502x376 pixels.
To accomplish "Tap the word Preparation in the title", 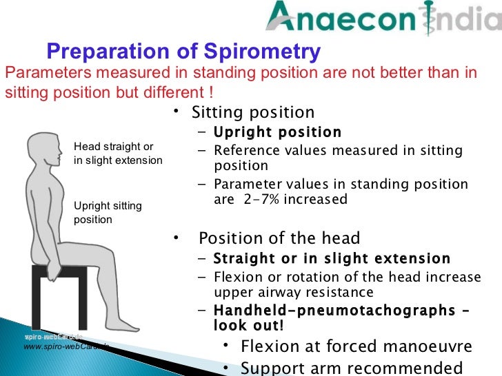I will pyautogui.click(x=117, y=52).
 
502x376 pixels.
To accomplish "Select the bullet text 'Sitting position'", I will pyautogui.click(x=253, y=112).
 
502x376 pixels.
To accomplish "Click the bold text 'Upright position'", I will pyautogui.click(x=277, y=132).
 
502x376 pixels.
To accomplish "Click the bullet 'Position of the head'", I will pyautogui.click(x=279, y=239).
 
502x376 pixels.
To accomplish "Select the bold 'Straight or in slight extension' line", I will pyautogui.click(x=332, y=259).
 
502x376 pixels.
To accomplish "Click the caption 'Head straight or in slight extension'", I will pyautogui.click(x=118, y=154).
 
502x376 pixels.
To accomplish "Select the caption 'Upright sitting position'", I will pyautogui.click(x=108, y=213).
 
